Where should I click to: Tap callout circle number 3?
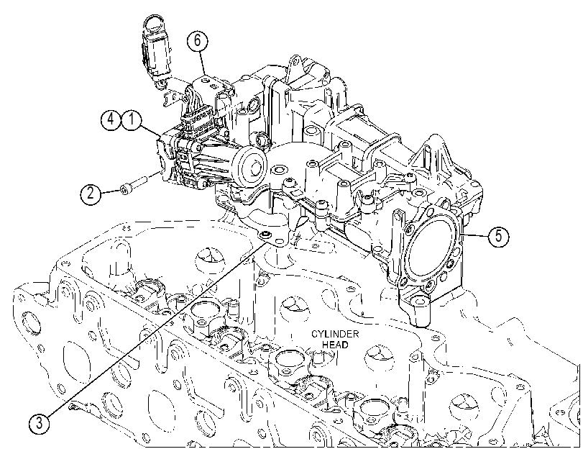tap(39, 423)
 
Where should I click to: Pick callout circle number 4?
tap(111, 119)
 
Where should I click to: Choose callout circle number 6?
tap(197, 40)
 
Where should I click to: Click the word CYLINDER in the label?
tap(335, 334)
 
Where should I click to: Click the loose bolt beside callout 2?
tap(133, 185)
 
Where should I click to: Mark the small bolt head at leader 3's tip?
tap(265, 234)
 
